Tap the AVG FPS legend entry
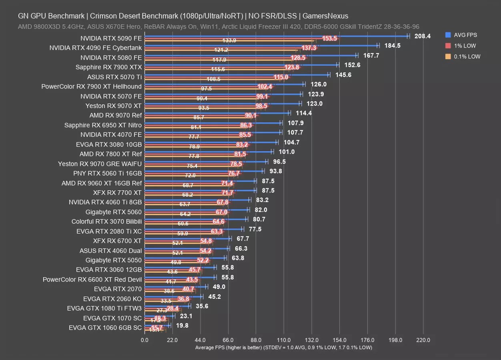465,35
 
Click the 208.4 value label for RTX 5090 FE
423,36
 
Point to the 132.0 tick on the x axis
312,340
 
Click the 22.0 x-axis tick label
172,340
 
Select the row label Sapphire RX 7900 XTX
108,67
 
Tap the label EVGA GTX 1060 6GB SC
105,328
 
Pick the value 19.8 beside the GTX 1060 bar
182,326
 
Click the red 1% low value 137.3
309,48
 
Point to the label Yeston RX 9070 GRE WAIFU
100,164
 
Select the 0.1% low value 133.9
229,40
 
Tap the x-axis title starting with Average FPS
283,348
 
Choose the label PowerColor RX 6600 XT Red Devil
92,279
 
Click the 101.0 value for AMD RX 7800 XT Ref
287,152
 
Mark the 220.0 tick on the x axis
423,340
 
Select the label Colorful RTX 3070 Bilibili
106,222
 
